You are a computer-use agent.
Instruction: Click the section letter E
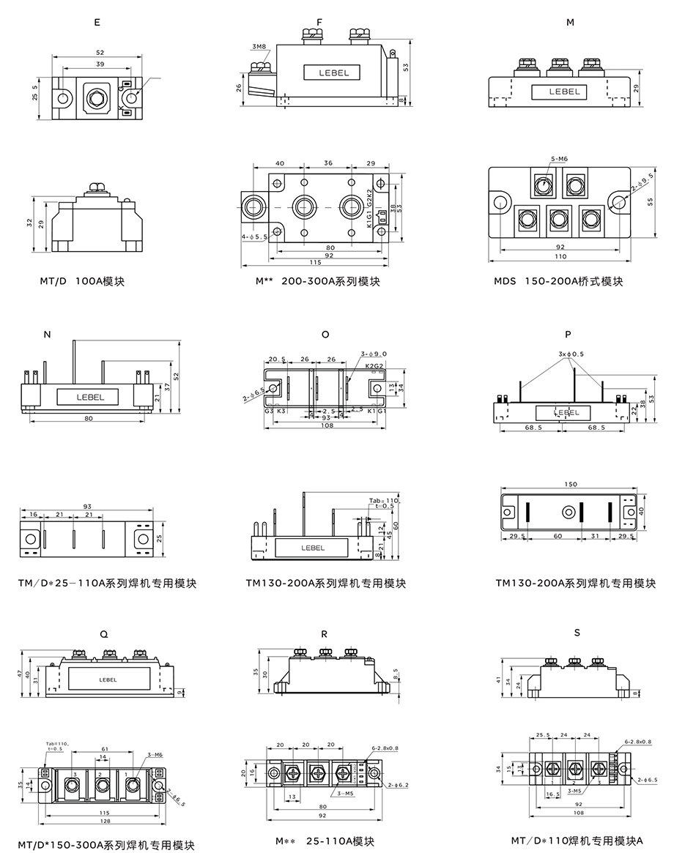pos(97,22)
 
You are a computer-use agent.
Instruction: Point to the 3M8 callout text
pos(259,47)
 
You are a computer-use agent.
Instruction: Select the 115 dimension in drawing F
pos(315,262)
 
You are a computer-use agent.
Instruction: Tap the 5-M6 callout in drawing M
pos(559,158)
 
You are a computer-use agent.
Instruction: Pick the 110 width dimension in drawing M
pos(560,257)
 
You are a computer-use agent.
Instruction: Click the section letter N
pos(47,335)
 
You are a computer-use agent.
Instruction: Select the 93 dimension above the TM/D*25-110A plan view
pos(86,507)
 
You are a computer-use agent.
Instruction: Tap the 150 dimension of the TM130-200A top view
pos(571,484)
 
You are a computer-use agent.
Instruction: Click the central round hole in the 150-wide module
pos(569,512)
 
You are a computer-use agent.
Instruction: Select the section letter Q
pos(103,634)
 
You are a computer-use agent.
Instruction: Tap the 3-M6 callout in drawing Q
pos(155,754)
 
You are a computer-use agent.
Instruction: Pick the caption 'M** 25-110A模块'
pos(325,841)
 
